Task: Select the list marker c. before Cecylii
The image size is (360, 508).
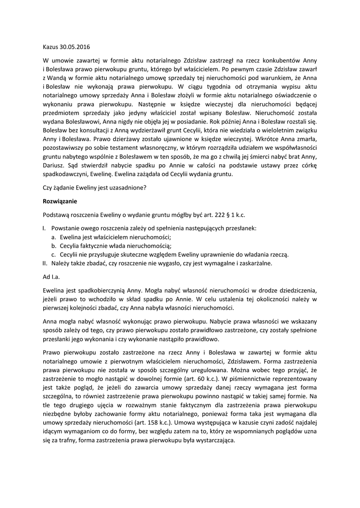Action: click(54, 254)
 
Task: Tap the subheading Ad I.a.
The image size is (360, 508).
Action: click(53, 276)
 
